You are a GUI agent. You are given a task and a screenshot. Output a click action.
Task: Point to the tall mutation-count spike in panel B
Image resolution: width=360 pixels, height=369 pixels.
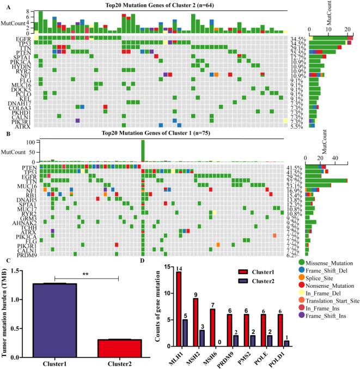(142, 150)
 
